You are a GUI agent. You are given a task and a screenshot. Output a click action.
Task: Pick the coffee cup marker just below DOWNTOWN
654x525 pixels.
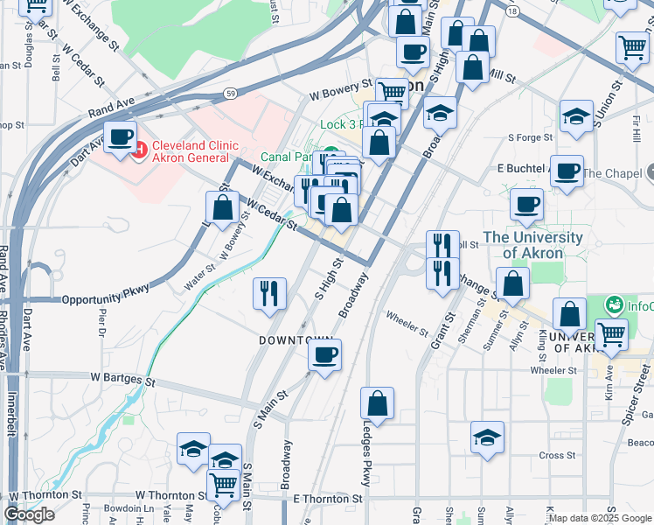(324, 355)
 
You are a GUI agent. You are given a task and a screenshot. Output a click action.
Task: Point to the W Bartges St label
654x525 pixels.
(122, 381)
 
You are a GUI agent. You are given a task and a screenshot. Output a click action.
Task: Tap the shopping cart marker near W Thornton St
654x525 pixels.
(224, 483)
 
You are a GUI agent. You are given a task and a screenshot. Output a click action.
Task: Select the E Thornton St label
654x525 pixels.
(328, 499)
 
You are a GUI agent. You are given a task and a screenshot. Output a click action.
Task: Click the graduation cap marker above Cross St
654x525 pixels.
(487, 437)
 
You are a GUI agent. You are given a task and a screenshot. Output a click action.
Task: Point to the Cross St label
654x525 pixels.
(557, 455)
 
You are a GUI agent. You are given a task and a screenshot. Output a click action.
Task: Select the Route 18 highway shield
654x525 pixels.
(513, 10)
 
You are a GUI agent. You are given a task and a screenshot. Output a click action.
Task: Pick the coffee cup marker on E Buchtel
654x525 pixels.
(567, 171)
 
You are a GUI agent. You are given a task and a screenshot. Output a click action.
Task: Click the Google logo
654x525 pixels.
(29, 514)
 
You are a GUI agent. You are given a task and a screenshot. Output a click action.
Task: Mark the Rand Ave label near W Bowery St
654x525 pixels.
(111, 108)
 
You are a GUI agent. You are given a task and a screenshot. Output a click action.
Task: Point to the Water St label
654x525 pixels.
(199, 278)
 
